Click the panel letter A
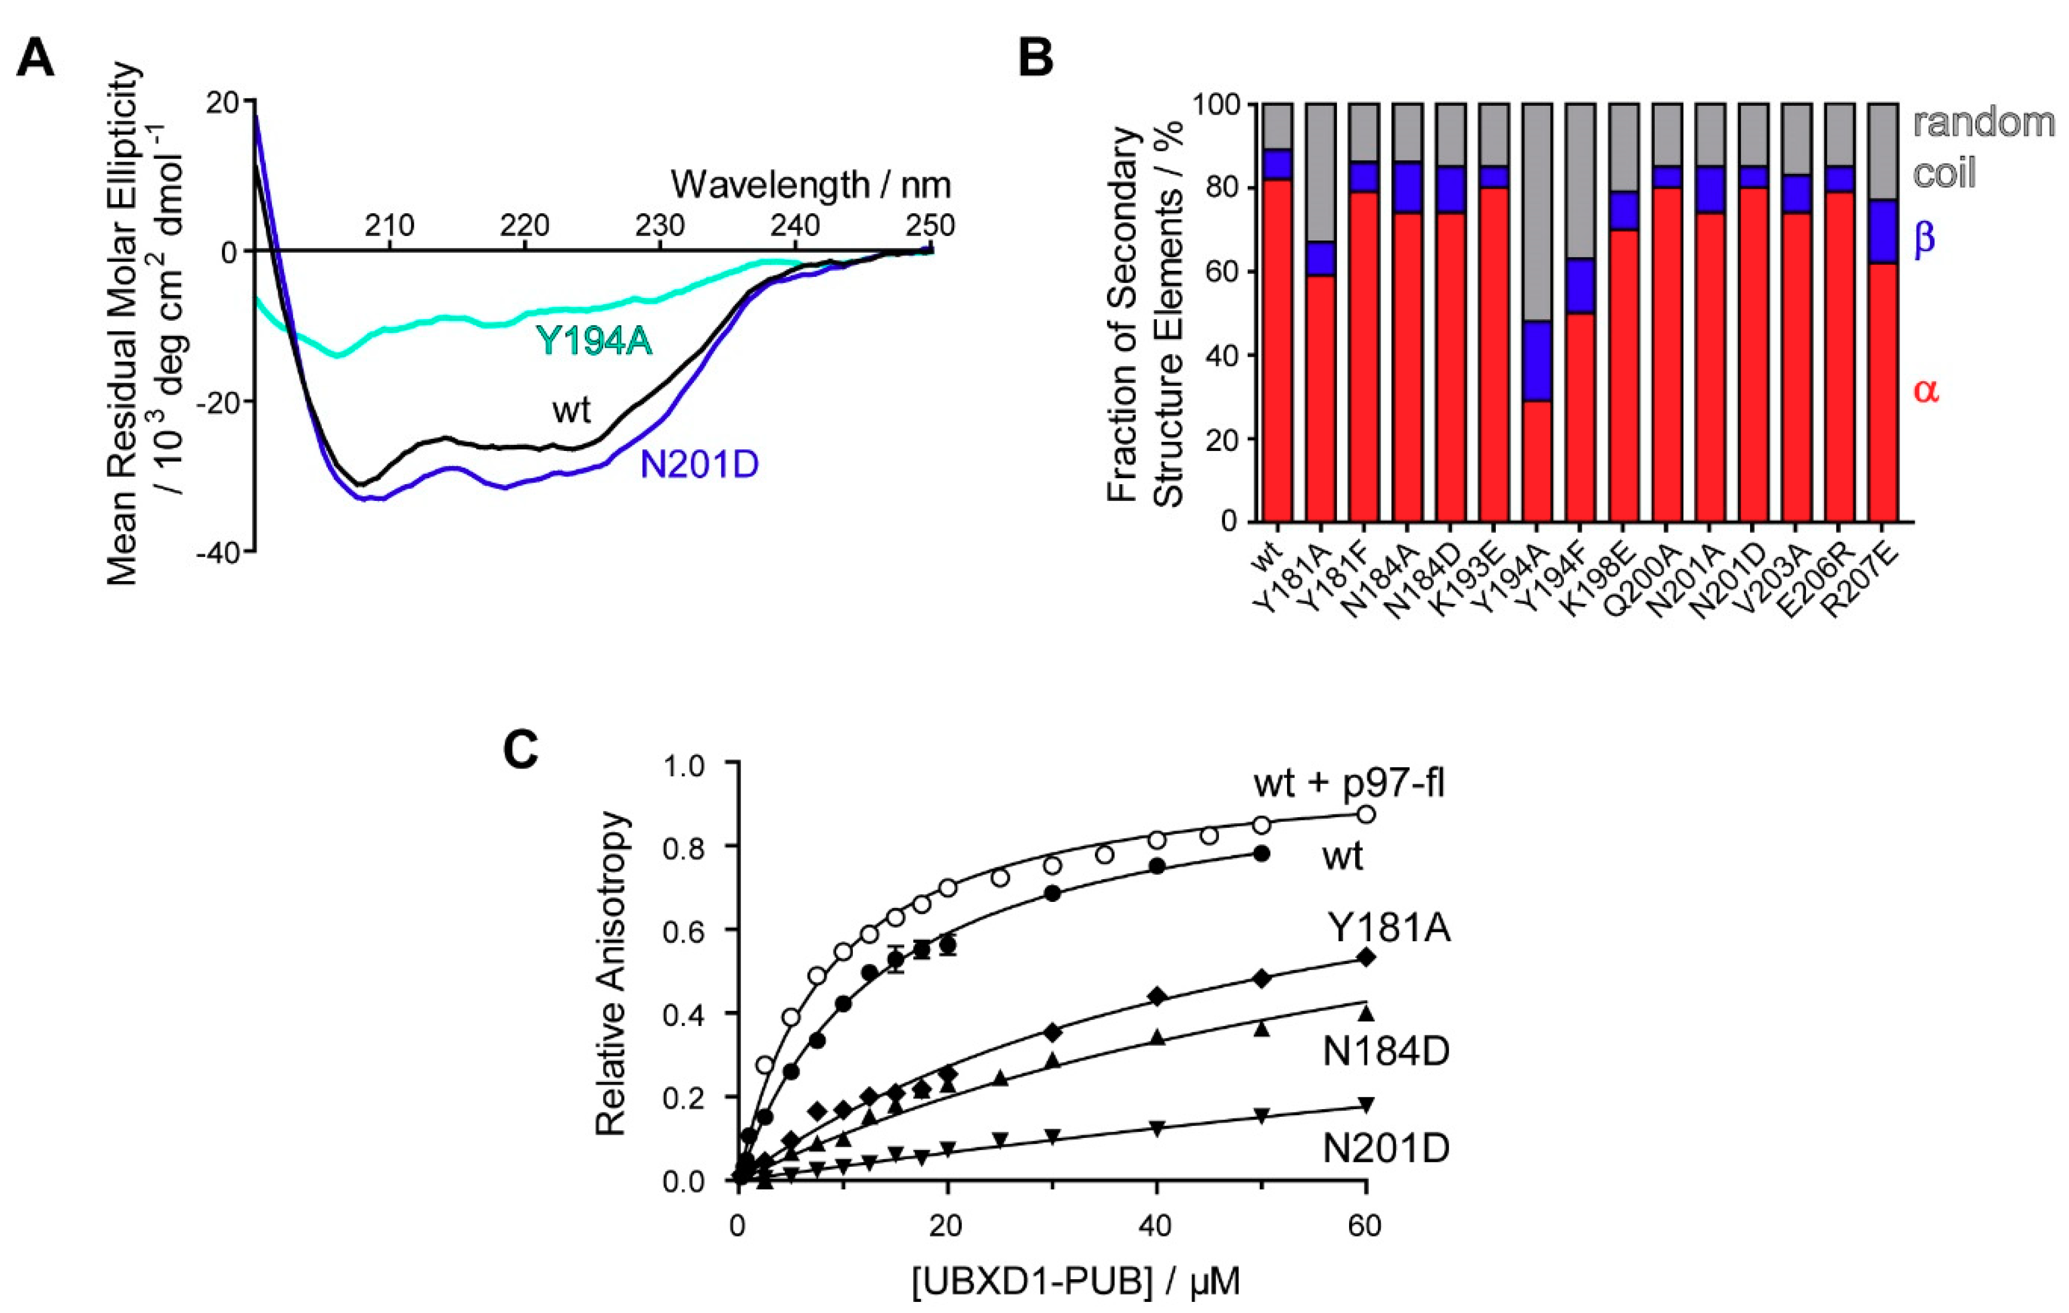[35, 60]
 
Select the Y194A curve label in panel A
[595, 341]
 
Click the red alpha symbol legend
[1926, 391]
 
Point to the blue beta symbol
[1924, 237]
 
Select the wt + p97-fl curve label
[1348, 784]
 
